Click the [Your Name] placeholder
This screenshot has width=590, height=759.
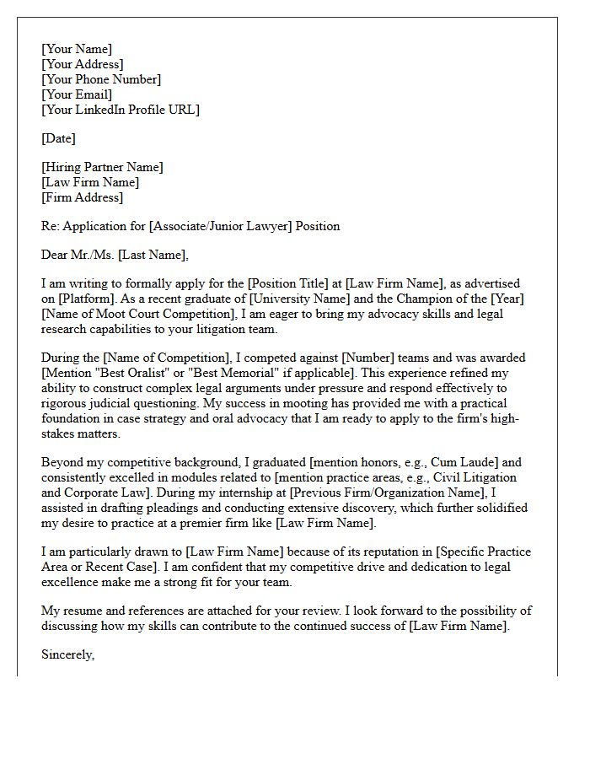tap(77, 49)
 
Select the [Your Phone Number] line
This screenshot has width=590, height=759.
tap(101, 79)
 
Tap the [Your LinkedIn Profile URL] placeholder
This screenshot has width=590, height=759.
tap(121, 110)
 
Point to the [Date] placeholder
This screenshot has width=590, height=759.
tap(58, 138)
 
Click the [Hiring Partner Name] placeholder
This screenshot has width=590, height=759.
tap(102, 167)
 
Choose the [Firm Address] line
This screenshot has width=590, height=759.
tap(83, 197)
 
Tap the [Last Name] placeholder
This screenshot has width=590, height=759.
tap(153, 255)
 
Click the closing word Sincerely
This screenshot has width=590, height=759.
tap(67, 654)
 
